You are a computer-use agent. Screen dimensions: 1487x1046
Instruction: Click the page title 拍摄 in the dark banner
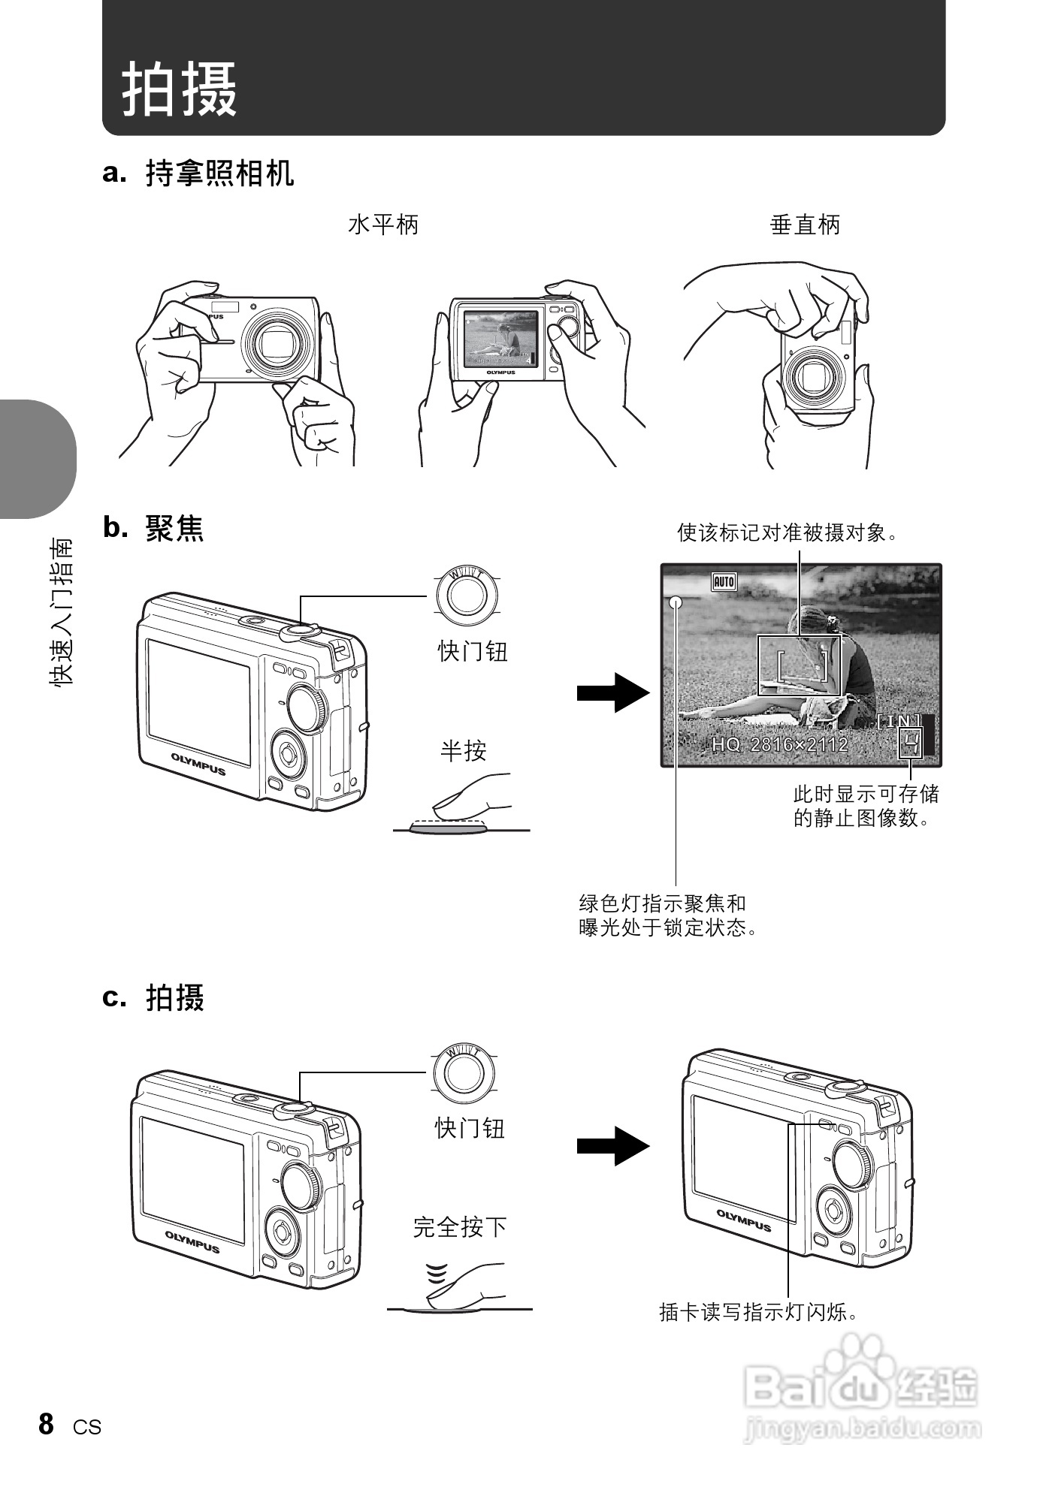click(x=180, y=89)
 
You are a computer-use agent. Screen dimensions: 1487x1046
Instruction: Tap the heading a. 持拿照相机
click(x=198, y=173)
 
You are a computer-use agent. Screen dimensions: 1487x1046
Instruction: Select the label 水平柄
click(x=383, y=225)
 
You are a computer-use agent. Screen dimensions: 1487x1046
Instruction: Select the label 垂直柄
click(x=805, y=225)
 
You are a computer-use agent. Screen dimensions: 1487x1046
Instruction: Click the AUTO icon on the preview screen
click(x=723, y=581)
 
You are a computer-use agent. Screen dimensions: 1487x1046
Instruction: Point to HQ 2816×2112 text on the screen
click(x=779, y=744)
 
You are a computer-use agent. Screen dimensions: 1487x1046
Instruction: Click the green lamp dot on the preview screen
click(x=676, y=602)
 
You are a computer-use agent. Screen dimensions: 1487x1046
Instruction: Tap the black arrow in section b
click(x=612, y=692)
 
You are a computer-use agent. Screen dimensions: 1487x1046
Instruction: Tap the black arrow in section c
click(x=612, y=1146)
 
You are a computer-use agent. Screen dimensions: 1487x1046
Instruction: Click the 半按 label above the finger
click(x=463, y=750)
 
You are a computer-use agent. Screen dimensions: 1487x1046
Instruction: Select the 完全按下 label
click(x=460, y=1227)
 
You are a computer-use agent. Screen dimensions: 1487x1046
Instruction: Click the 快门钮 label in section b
click(x=473, y=651)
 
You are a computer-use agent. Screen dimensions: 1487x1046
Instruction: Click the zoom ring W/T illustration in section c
click(x=464, y=1071)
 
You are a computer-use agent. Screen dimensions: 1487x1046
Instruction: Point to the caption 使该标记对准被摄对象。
click(x=788, y=533)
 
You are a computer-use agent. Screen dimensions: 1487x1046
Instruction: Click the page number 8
click(x=47, y=1423)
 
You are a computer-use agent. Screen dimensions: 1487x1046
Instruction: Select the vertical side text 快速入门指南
click(x=62, y=611)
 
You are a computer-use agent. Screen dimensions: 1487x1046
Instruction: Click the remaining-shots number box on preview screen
click(x=911, y=744)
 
